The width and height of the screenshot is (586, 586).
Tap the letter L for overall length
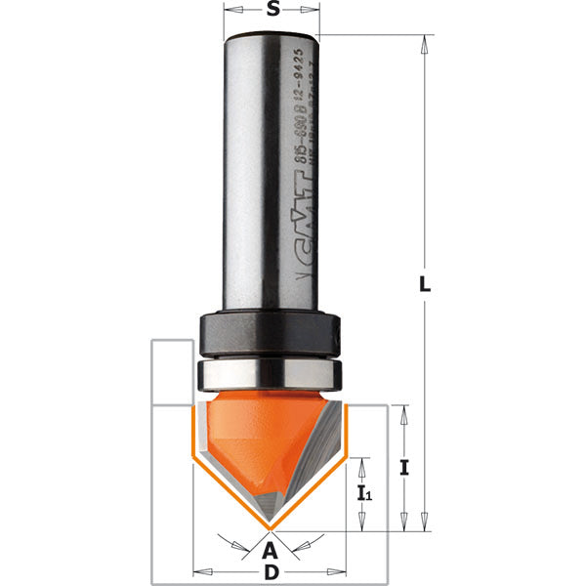pos(425,284)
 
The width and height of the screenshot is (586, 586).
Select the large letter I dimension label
pos(403,467)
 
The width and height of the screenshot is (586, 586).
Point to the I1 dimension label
pos(364,494)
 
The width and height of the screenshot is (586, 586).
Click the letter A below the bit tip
pos(271,552)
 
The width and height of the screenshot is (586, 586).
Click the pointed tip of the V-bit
pos(271,528)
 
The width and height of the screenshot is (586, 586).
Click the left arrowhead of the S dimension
pos(230,13)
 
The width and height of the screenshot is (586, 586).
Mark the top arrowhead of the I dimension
pos(404,410)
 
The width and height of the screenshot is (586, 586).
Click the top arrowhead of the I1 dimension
pos(364,463)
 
